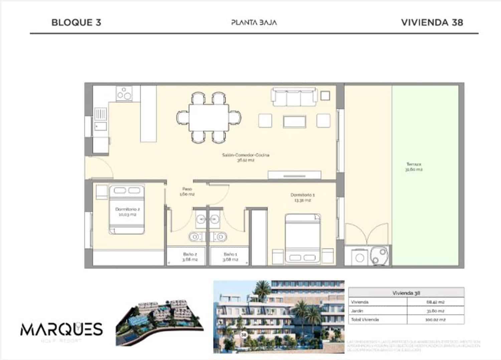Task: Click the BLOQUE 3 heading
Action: [76, 22]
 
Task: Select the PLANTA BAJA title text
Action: [254, 22]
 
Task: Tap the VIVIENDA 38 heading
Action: [432, 22]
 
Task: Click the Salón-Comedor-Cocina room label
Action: [245, 157]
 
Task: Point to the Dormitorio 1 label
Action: [302, 197]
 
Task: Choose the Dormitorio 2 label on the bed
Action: [127, 212]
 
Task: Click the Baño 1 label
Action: [230, 256]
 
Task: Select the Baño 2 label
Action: [190, 256]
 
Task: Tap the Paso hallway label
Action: [187, 191]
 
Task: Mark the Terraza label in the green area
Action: [414, 166]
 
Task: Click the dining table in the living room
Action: [209, 118]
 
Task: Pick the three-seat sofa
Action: [294, 97]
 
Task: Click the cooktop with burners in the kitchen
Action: [124, 93]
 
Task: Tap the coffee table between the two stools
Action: [294, 121]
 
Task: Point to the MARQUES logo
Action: [61, 330]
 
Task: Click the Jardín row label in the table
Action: [357, 311]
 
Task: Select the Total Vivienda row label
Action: [365, 320]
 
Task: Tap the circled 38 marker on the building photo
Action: [244, 334]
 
